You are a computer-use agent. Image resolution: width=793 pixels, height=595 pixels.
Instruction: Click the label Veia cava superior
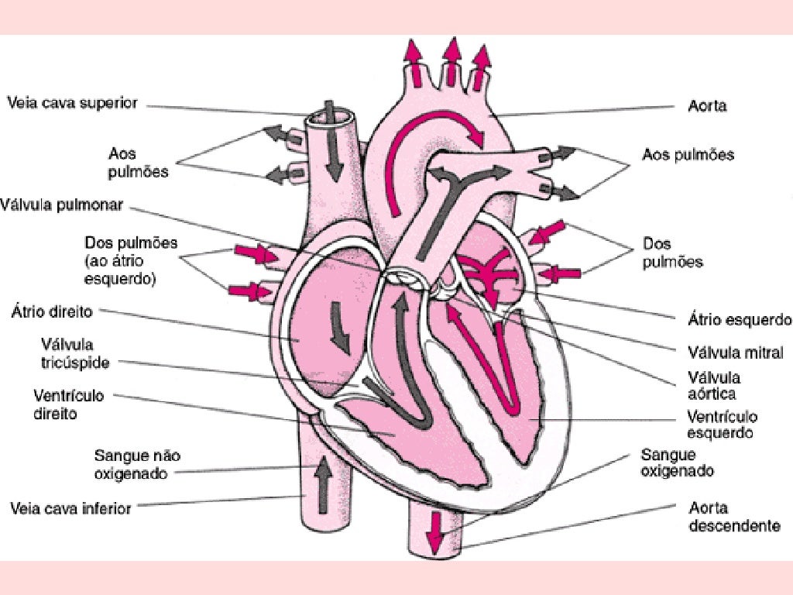[x=72, y=103]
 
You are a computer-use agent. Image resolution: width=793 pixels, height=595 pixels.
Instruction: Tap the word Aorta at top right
[x=707, y=106]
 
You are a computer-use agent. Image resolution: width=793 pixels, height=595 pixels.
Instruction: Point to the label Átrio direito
[x=52, y=312]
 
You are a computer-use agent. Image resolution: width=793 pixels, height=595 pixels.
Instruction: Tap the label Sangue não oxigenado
[x=137, y=463]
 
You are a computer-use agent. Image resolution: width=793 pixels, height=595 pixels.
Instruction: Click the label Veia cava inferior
[x=70, y=509]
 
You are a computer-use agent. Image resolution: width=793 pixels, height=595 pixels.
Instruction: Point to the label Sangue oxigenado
[x=677, y=463]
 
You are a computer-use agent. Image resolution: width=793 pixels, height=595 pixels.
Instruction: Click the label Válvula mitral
[x=736, y=352]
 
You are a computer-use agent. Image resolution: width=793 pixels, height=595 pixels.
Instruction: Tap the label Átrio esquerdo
[x=740, y=319]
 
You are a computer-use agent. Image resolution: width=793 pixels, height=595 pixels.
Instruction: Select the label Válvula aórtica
[x=713, y=385]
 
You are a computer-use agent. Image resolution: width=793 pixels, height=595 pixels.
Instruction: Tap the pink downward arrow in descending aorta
[x=437, y=535]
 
